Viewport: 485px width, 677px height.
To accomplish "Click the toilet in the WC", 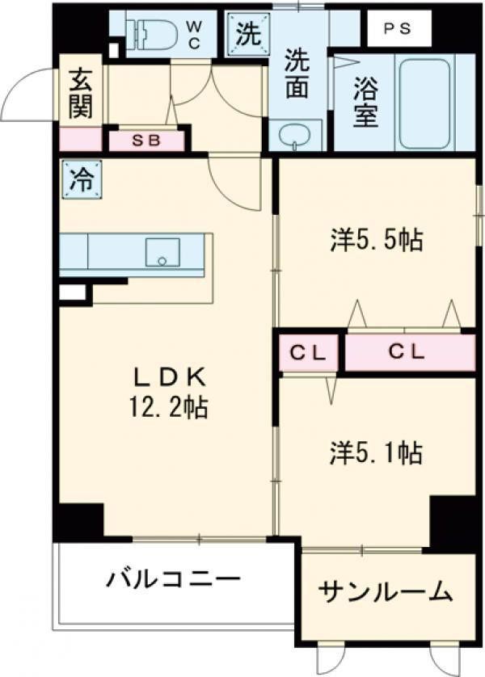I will (x=150, y=32).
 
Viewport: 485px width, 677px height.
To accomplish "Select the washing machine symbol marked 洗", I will (x=247, y=34).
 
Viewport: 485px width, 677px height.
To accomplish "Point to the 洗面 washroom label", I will (x=298, y=74).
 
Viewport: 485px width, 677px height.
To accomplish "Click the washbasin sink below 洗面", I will (x=295, y=135).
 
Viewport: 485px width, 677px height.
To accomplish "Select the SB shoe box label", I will (x=146, y=141).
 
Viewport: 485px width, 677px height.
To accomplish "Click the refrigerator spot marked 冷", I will (x=80, y=180).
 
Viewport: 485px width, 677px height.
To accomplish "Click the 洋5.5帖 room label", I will (x=377, y=240).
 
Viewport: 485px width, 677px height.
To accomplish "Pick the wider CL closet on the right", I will (x=410, y=353).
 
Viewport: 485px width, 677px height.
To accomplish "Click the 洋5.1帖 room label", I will (x=377, y=452).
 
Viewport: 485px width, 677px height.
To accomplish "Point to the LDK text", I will (x=172, y=376).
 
